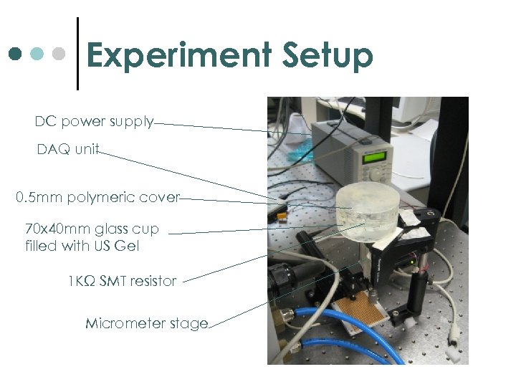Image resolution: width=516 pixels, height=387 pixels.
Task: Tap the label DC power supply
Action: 94,121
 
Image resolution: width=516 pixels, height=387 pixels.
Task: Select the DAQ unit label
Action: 68,150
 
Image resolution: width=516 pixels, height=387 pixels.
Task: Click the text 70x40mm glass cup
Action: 92,229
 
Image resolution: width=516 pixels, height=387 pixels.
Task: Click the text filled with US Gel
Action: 82,246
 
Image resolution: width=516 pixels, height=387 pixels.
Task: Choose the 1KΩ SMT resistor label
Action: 121,281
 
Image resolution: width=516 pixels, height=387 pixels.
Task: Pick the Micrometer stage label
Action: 147,323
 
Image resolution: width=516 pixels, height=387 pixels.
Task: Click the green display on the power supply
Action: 376,156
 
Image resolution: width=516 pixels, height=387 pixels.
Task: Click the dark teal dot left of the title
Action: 16,54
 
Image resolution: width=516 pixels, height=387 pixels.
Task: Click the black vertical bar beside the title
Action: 77,54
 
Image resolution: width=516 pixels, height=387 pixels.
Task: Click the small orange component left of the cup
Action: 282,214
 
